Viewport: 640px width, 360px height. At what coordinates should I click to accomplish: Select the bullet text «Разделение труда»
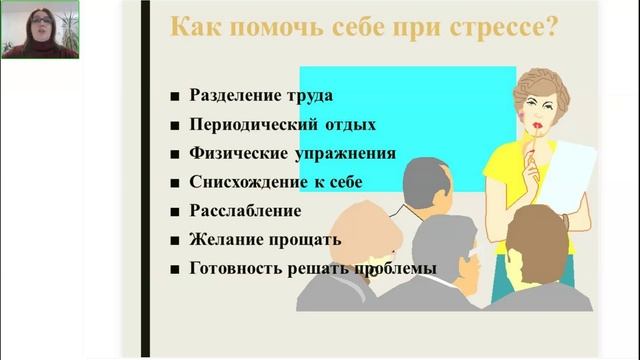point(260,96)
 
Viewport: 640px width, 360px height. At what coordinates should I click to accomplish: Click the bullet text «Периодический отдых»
point(282,125)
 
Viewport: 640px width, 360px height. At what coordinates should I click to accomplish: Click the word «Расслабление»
point(244,211)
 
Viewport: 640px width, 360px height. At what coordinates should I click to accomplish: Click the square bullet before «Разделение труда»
point(174,97)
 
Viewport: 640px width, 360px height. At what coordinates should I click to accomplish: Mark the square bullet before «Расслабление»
point(174,212)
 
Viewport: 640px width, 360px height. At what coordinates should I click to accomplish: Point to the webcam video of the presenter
point(40,29)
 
